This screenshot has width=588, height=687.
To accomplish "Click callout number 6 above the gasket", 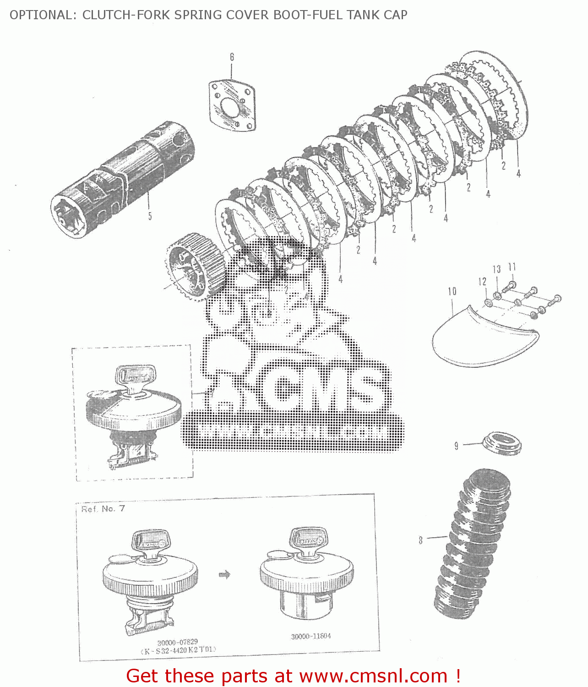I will tap(232, 57).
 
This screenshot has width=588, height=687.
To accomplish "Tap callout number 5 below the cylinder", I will tap(150, 216).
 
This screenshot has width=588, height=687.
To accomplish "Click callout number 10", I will tap(452, 291).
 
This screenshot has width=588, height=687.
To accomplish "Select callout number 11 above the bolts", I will tap(512, 267).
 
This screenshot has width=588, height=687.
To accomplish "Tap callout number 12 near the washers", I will tap(482, 281).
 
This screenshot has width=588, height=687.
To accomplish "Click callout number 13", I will tap(497, 269).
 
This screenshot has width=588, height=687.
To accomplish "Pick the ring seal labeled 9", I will tap(502, 443).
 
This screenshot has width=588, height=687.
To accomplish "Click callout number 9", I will tap(456, 446).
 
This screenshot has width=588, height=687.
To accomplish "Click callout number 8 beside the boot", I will tap(420, 540).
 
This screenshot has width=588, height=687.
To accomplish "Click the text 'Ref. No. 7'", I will tap(103, 509).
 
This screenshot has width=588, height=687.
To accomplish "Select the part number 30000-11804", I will tap(310, 636).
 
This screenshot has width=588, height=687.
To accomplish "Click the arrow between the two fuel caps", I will tap(224, 574).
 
